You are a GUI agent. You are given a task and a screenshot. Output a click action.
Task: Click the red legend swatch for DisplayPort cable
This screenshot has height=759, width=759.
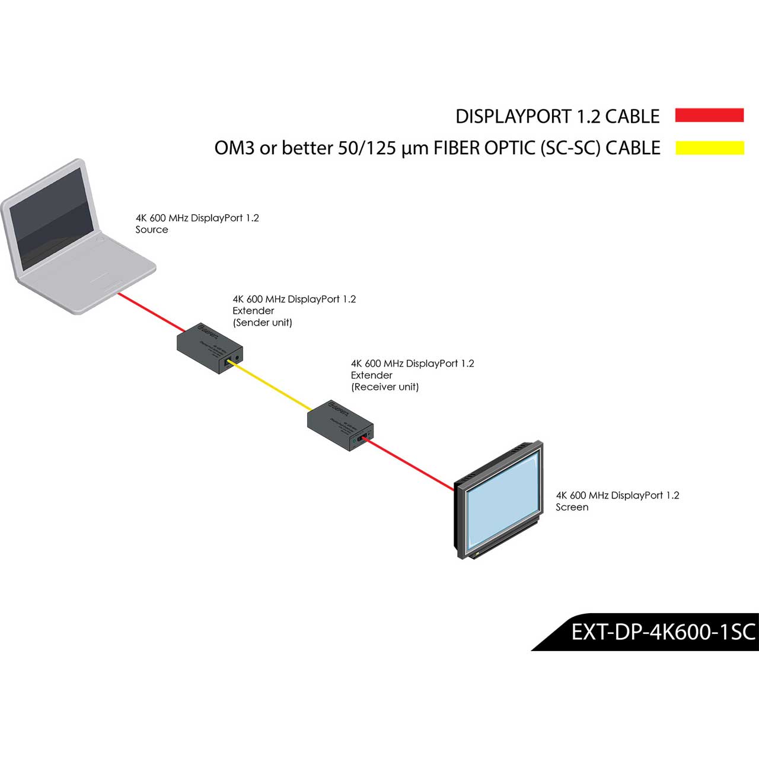709,115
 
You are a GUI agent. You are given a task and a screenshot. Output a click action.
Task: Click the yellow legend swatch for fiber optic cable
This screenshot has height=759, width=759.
709,148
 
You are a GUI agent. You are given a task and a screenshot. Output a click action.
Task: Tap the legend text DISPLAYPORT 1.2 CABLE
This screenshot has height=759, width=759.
557,117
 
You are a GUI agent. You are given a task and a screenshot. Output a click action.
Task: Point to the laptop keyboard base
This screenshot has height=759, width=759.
89,279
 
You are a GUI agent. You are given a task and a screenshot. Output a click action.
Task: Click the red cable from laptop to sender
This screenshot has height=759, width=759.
151,312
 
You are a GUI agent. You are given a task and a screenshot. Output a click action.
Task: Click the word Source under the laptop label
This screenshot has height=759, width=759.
152,230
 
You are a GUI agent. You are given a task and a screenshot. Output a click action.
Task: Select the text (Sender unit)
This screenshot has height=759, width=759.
262,323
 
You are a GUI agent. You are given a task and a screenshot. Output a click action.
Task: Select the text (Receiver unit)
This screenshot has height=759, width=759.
385,387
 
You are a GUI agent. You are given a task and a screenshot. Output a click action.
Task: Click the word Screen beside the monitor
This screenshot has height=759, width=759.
572,508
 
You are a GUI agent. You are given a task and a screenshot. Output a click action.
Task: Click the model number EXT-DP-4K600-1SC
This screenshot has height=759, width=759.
663,632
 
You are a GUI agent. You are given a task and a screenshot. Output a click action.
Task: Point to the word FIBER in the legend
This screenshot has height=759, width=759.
457,148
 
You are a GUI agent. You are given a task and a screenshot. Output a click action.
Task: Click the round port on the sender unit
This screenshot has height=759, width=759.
238,358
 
